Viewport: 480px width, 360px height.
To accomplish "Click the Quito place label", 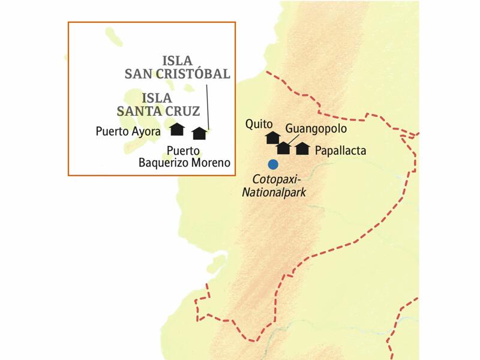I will click(259, 124).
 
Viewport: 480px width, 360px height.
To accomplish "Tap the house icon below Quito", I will click(272, 138).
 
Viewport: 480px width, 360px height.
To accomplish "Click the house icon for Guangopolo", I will click(283, 148).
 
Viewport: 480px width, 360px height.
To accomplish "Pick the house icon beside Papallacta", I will click(302, 148).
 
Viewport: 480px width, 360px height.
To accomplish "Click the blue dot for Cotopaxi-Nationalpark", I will click(273, 164).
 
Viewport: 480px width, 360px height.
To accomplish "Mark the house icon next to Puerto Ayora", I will click(176, 129).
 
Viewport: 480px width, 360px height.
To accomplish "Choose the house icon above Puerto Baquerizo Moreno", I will click(199, 133).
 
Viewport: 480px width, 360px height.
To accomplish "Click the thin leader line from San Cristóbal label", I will click(207, 105).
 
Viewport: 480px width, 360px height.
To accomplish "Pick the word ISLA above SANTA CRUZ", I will click(157, 97).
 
